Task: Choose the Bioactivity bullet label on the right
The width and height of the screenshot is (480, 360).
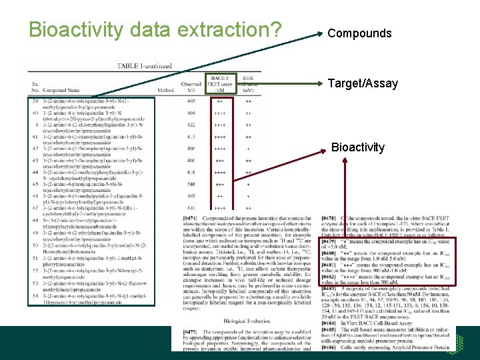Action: click(x=358, y=147)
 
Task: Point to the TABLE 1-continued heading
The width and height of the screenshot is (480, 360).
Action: click(x=144, y=66)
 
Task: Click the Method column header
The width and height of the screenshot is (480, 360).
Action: click(x=165, y=90)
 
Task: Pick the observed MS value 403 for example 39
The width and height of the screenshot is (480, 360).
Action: click(x=191, y=101)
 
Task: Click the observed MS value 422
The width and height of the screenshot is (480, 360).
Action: click(x=191, y=125)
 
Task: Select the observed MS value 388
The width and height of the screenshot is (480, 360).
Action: click(x=191, y=184)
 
